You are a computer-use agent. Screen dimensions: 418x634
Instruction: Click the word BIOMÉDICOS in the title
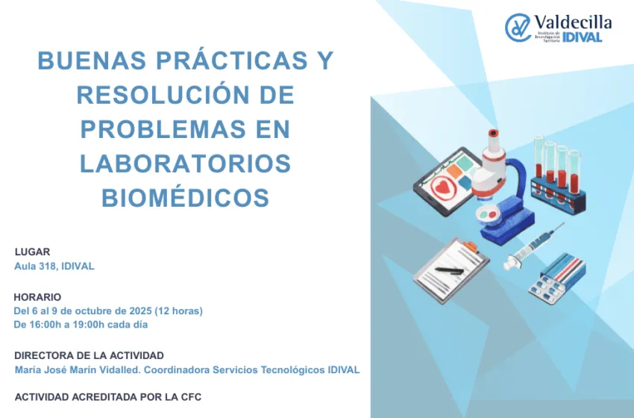[185, 198]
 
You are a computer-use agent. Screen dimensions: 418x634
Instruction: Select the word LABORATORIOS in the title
[185, 163]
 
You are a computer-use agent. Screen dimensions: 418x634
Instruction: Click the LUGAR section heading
[32, 252]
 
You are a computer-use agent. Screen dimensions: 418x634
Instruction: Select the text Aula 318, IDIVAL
[54, 266]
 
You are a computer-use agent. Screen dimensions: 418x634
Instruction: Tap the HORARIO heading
[37, 296]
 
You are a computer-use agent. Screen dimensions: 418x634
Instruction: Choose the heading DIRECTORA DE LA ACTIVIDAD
[89, 355]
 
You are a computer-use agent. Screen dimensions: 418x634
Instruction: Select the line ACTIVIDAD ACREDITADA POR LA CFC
[107, 397]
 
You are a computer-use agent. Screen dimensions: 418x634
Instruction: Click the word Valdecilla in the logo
[574, 22]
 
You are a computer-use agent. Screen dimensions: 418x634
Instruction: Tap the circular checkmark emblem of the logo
[518, 28]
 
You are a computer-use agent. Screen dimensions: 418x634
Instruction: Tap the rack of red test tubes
[557, 175]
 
